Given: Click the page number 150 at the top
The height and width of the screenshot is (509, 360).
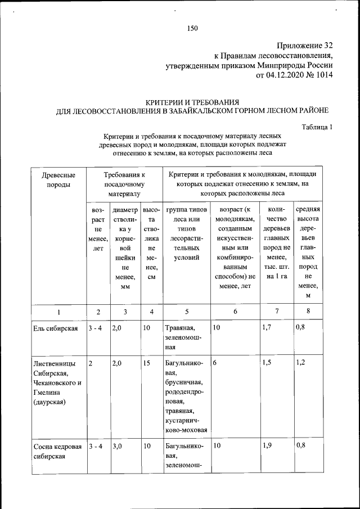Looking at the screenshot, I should coord(192,28).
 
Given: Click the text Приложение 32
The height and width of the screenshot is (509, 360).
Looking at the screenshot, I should coord(304,45).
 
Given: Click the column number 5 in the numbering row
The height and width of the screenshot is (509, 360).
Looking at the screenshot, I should coord(186,312).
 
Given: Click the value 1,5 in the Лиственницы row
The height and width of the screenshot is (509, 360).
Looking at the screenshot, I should coord(268,363).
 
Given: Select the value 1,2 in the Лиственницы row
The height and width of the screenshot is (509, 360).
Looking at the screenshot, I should coord(301,363).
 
